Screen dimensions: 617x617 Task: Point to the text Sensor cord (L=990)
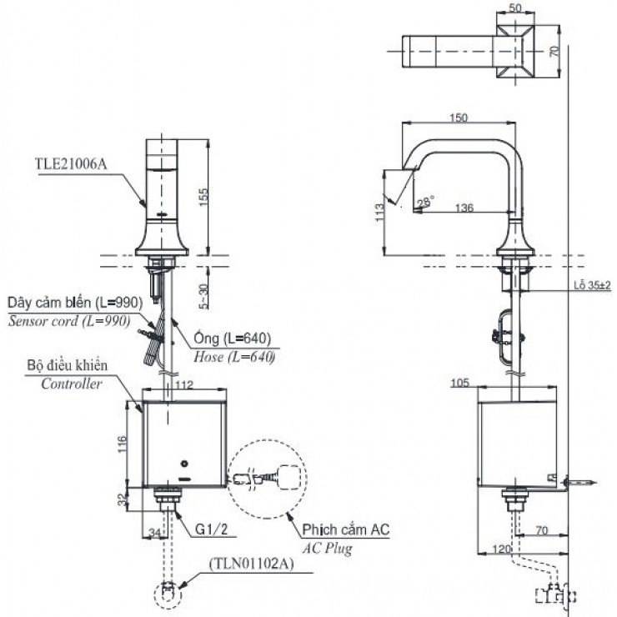click(x=69, y=321)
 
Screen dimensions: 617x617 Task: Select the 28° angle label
click(x=426, y=201)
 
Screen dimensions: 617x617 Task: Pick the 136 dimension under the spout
click(x=464, y=208)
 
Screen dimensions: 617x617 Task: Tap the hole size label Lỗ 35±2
click(x=592, y=285)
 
